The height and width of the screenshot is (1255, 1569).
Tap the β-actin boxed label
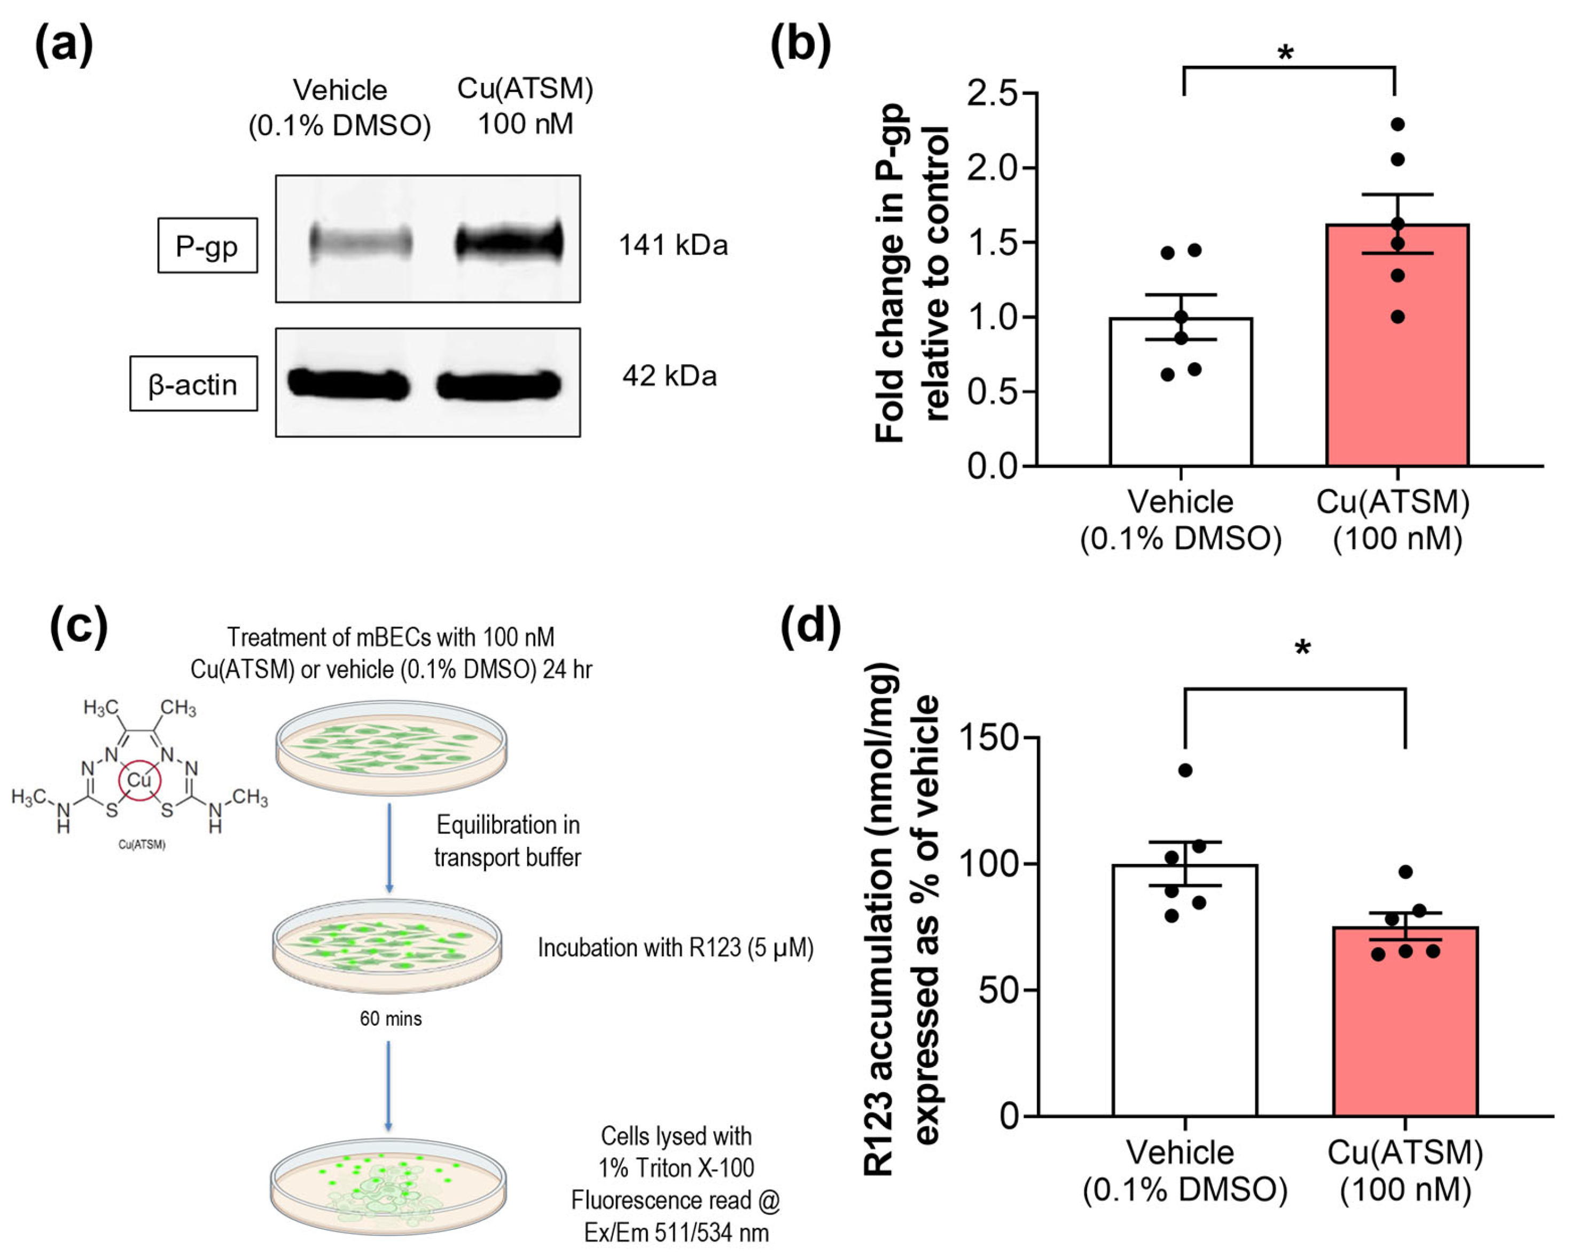click(x=193, y=384)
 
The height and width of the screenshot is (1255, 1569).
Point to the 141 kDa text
click(x=673, y=245)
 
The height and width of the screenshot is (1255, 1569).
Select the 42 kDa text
click(x=669, y=376)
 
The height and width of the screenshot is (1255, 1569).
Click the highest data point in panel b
click(x=1398, y=124)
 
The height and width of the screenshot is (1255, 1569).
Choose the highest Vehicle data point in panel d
click(x=1185, y=770)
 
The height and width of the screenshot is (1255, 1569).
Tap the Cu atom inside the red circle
click(x=138, y=779)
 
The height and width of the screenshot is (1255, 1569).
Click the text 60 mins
click(x=391, y=1018)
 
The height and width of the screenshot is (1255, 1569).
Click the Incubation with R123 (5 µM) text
click(x=675, y=947)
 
